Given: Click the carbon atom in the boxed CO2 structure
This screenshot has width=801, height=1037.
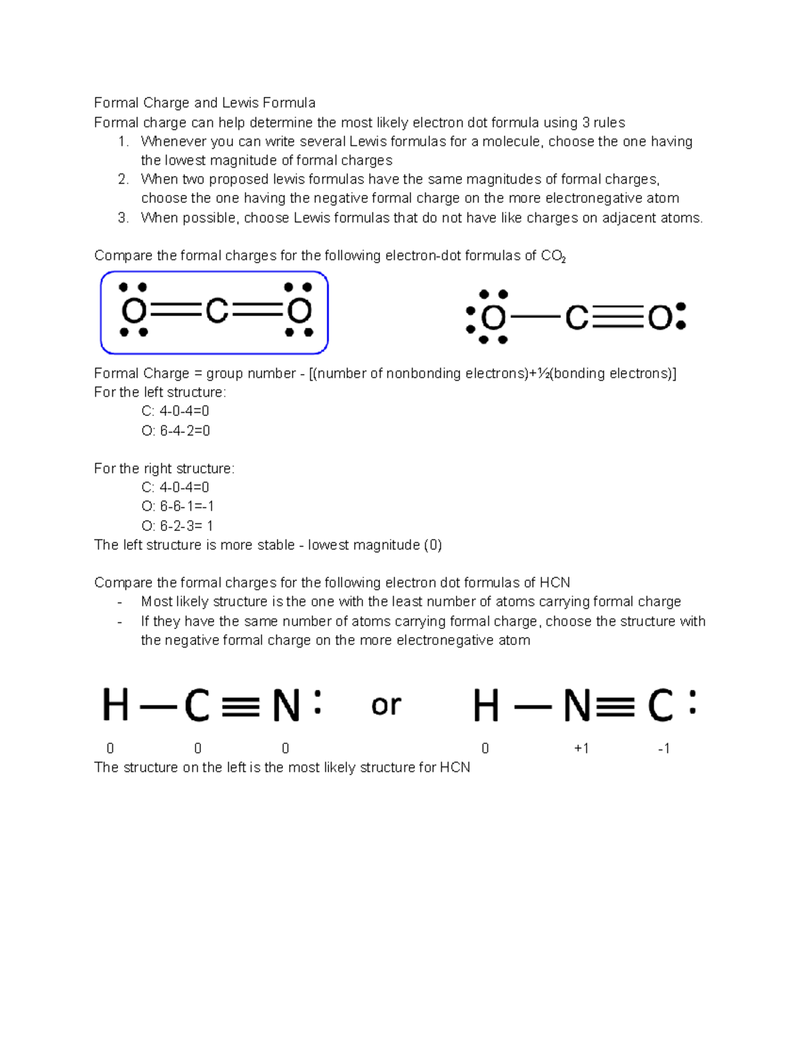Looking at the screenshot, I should click(217, 311).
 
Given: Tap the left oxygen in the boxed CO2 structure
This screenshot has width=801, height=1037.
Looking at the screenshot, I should click(133, 311).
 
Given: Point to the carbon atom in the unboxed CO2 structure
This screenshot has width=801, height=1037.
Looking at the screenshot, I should click(577, 318).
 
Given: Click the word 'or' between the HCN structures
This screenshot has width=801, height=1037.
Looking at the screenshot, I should click(386, 705).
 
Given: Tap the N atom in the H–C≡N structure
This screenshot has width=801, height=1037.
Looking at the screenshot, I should click(286, 706).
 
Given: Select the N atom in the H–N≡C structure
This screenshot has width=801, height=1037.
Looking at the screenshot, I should click(577, 706).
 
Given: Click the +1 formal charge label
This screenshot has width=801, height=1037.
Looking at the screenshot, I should click(581, 749).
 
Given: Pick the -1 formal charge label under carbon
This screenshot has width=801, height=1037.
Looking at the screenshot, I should click(663, 749).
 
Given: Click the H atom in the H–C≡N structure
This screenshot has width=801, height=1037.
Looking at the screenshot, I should click(115, 706).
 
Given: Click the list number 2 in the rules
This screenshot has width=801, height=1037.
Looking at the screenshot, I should click(123, 179).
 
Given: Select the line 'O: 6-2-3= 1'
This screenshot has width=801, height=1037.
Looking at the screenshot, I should click(178, 526).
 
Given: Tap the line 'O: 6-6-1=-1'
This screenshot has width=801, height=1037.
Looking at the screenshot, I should click(178, 506).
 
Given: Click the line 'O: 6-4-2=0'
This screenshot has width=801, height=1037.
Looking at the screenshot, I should click(176, 431).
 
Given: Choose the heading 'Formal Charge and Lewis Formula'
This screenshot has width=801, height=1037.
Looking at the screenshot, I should click(204, 103).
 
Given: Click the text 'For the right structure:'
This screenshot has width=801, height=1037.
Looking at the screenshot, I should click(164, 469).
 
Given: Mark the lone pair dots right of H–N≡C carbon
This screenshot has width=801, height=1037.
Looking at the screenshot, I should click(692, 703).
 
